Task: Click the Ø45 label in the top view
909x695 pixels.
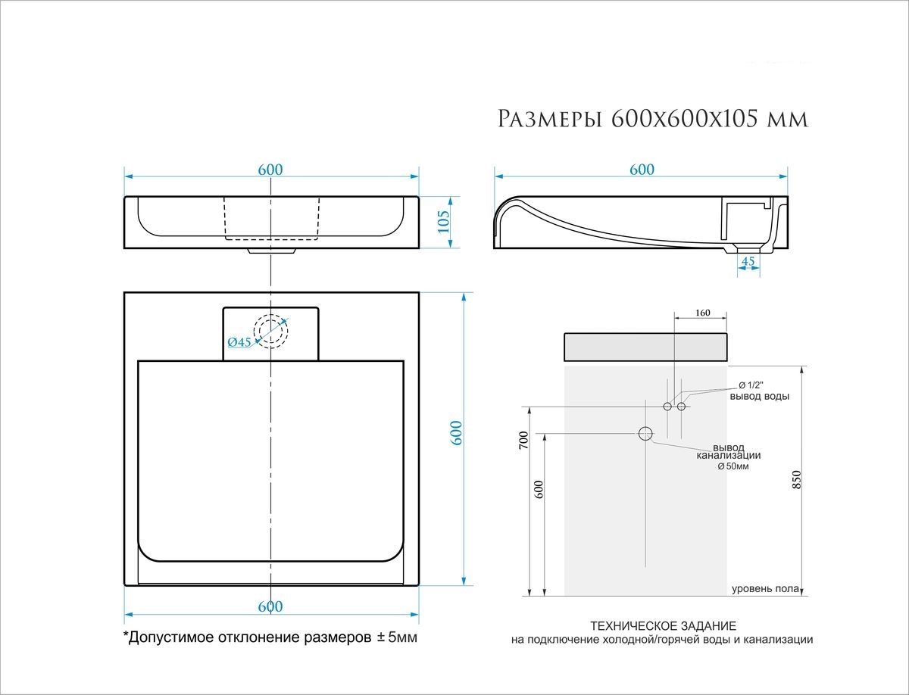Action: [239, 342]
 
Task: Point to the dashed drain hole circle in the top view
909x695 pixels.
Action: [270, 331]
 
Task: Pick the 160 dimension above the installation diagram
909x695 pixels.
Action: [701, 312]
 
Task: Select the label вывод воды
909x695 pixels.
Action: [759, 397]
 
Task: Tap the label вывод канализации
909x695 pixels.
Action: [728, 451]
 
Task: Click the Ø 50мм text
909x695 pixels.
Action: [733, 466]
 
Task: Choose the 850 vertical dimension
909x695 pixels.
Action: [796, 480]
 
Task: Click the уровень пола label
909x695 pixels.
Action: [764, 589]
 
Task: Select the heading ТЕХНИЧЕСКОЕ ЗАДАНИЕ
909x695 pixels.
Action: [662, 626]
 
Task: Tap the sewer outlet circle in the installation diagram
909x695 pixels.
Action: [645, 434]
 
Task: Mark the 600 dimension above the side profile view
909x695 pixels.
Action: [642, 170]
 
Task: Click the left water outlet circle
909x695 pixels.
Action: [667, 407]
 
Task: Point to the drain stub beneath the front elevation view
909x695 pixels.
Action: [271, 251]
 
